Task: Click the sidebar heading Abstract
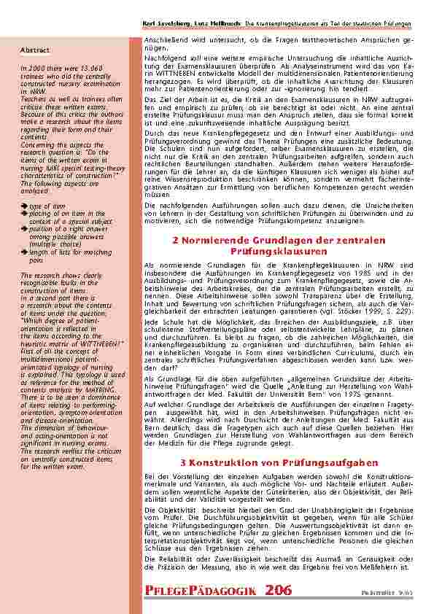click(35, 50)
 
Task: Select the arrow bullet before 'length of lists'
click(23, 251)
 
